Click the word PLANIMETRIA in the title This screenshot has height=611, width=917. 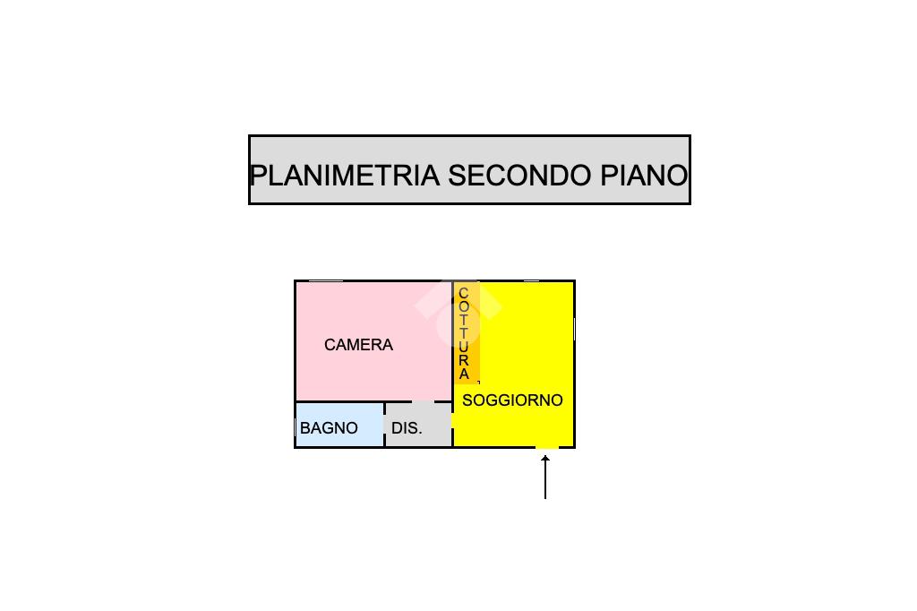point(345,176)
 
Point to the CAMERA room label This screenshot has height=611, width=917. point(358,345)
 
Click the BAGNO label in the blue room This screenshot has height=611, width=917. point(329,428)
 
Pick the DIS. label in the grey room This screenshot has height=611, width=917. point(407,428)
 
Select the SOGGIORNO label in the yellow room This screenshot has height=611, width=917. point(512,400)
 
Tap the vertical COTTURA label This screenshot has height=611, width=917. point(464,333)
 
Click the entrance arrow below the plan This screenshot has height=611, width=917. point(545,478)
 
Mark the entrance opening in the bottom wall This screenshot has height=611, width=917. point(547,448)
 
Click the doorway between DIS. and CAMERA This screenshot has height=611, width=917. point(424,401)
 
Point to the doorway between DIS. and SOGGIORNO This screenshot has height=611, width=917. point(452,420)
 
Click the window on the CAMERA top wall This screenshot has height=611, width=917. point(326,281)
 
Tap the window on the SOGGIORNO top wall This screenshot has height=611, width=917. point(532,281)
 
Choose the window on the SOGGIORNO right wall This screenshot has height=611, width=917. point(574,330)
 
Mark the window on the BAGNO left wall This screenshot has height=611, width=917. point(295,428)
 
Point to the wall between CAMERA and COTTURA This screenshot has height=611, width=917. point(452,340)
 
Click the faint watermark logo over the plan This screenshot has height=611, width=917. point(458,313)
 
